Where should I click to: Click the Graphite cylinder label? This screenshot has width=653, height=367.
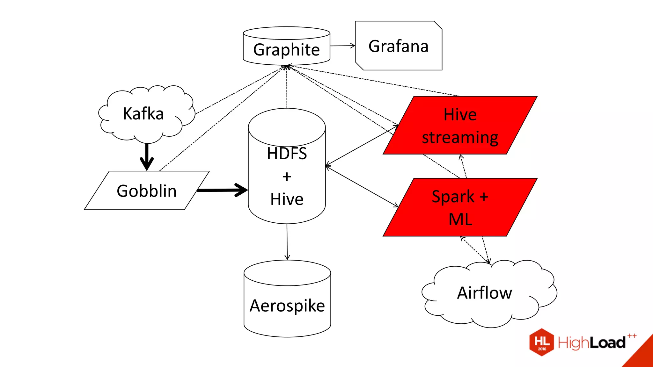click(x=286, y=50)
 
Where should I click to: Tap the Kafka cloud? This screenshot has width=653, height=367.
click(x=143, y=114)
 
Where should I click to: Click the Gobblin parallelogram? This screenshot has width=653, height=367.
click(x=146, y=191)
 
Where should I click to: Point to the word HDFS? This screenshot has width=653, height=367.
click(x=287, y=154)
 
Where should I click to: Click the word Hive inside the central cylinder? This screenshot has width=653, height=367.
click(x=287, y=199)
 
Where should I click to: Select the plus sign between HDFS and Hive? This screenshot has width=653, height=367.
click(x=287, y=177)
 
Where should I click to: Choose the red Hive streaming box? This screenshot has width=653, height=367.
click(x=460, y=126)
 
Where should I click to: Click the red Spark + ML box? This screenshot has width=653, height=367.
click(x=460, y=208)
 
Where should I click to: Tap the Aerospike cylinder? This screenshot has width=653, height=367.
click(x=287, y=306)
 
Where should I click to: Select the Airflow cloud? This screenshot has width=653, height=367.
click(x=484, y=293)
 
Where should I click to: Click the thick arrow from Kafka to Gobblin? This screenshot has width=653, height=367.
click(x=147, y=156)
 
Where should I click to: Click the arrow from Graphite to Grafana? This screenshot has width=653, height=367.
click(x=342, y=46)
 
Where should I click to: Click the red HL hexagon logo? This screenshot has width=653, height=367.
click(x=542, y=342)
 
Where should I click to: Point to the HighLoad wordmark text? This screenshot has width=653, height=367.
click(x=591, y=343)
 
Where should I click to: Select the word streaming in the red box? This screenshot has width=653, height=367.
click(x=460, y=138)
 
